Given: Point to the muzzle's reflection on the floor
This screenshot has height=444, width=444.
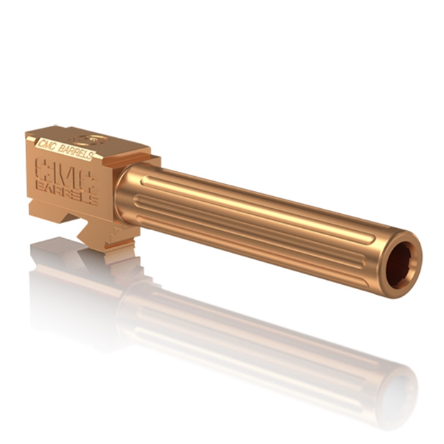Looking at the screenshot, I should click(x=394, y=384).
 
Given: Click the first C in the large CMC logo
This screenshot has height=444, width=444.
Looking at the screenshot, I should click(x=44, y=168).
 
